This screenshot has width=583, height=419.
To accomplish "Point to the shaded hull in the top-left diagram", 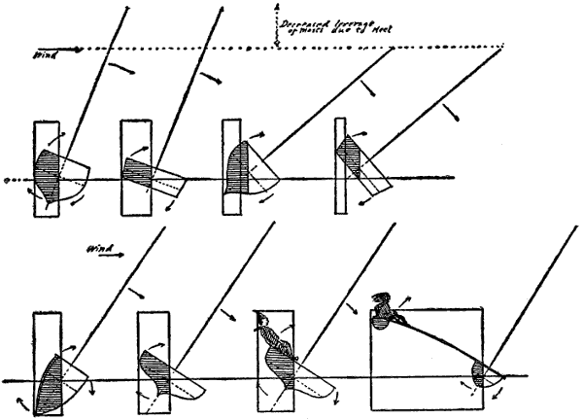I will point(46,171).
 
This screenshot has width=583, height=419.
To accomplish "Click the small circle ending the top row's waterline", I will point(7,180).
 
